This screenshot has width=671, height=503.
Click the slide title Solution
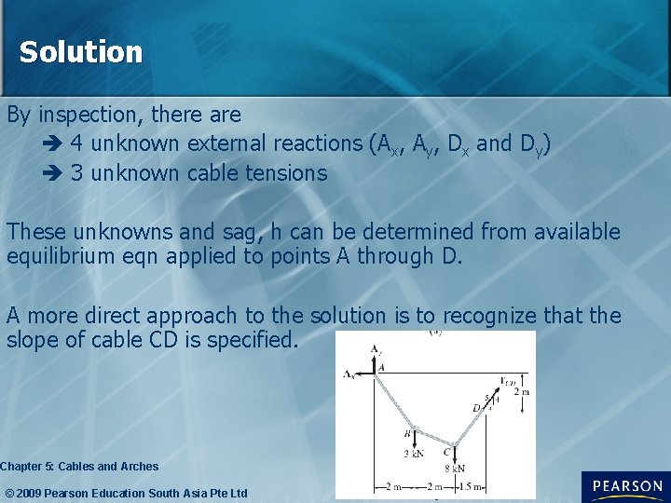[x=81, y=52]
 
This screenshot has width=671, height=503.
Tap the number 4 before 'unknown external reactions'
[x=75, y=143]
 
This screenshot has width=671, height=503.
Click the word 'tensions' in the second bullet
[x=289, y=172]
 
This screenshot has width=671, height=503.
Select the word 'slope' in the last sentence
[x=32, y=340]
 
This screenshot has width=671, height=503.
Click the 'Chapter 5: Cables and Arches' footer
[x=80, y=466]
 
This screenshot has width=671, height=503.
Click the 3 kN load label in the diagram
[x=414, y=454]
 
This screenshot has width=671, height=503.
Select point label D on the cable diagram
[x=476, y=407]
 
